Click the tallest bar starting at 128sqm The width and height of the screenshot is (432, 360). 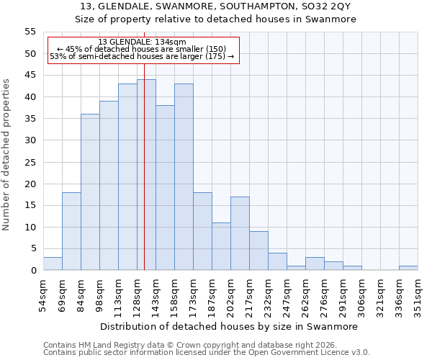click(146, 175)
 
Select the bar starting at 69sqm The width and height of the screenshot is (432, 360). click(71, 231)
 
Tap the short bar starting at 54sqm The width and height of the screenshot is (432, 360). click(53, 264)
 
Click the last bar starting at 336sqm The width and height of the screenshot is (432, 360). click(408, 268)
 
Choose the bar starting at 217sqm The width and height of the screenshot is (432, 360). click(258, 251)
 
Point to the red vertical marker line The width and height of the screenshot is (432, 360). click(144, 180)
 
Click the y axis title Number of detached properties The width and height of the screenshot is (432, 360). click(6, 155)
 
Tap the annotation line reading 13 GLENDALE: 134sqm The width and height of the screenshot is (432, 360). click(142, 42)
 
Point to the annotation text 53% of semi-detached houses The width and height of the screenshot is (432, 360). click(108, 56)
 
